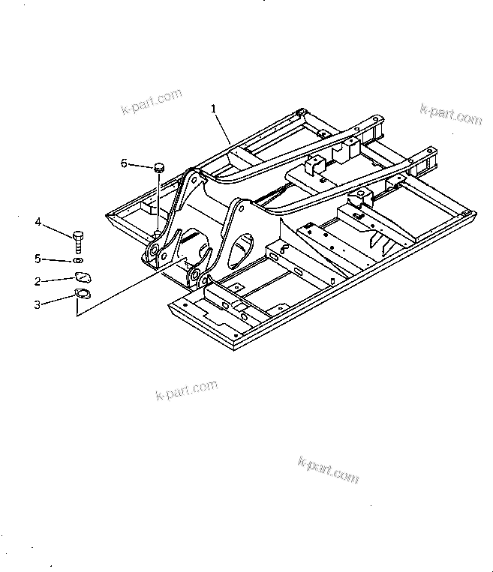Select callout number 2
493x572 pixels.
(x=37, y=282)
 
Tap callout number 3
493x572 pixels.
(x=37, y=304)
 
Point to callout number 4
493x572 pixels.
(x=37, y=221)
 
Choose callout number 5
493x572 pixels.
(x=37, y=259)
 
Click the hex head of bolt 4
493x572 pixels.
(x=79, y=235)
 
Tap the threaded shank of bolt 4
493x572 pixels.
(x=79, y=248)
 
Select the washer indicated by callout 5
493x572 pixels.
(x=79, y=261)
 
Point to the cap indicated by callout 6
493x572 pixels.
(x=159, y=166)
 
